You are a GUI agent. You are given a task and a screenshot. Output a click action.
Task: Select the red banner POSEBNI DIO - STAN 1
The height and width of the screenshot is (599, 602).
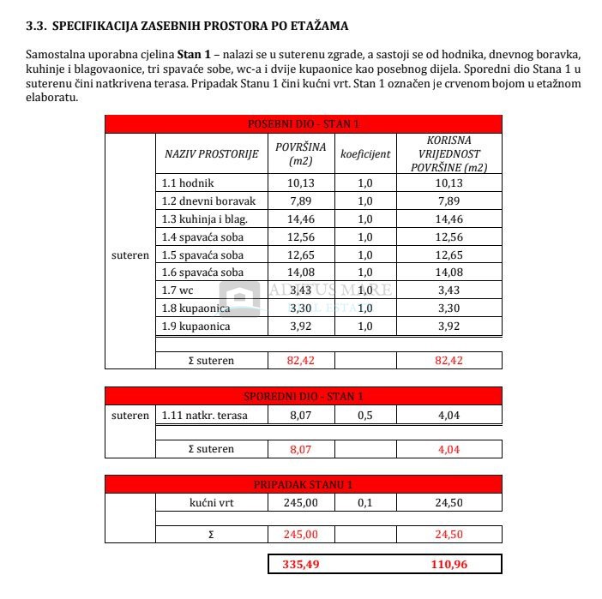coord(303,124)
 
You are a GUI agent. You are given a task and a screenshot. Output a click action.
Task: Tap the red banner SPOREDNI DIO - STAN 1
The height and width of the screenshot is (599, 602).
coord(303,396)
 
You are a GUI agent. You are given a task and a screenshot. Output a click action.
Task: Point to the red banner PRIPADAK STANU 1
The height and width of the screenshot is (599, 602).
coord(303,484)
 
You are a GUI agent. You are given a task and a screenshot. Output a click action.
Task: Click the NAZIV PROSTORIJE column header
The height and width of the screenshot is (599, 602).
coord(211,154)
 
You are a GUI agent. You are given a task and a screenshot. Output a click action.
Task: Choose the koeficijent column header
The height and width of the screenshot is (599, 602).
coord(365,154)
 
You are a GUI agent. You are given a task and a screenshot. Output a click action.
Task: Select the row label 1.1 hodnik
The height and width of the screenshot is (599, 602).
coord(188,183)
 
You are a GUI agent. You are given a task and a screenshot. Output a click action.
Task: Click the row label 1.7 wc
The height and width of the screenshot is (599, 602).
coord(178,291)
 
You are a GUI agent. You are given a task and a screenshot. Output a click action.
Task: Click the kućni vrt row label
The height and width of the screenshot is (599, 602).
coord(210,503)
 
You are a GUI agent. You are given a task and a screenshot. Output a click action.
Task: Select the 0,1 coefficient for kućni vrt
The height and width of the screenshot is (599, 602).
coord(365,503)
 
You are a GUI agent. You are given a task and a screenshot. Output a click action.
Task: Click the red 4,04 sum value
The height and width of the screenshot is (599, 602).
coord(448,447)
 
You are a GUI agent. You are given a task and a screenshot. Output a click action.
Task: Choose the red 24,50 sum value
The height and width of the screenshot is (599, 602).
coord(448,534)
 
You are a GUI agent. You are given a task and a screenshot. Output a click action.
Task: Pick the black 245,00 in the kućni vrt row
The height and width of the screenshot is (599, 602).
coord(300,503)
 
